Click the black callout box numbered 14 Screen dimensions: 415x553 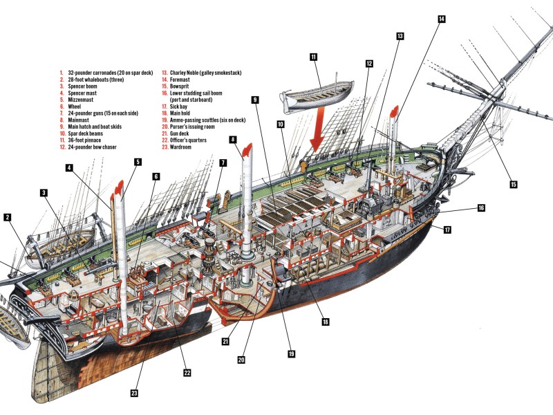coord(441,20)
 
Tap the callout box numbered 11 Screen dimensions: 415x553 coord(314,57)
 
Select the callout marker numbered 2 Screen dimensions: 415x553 coord(8,217)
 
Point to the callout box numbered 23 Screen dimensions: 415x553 coord(135,393)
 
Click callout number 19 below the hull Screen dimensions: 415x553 coord(291,353)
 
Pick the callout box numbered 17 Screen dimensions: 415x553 coord(447,229)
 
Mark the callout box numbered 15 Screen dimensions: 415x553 coord(514,184)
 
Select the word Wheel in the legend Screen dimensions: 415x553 coord(74,106)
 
